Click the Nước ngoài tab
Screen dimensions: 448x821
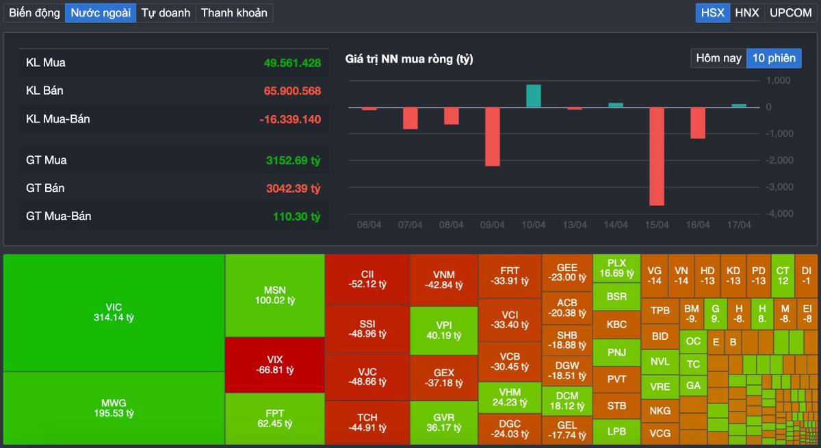[x=101, y=12]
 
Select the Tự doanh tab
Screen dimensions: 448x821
[x=166, y=12]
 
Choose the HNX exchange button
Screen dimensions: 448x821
[x=747, y=12]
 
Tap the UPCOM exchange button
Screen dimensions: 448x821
[x=790, y=12]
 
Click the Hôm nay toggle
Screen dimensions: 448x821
[x=718, y=58]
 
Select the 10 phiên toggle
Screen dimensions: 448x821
[x=774, y=58]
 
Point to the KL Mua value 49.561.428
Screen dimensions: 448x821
[x=292, y=63]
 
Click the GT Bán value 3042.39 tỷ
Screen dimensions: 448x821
[x=293, y=188]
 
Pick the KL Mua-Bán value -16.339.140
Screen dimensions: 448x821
[x=290, y=119]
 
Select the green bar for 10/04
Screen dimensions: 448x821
[x=534, y=96]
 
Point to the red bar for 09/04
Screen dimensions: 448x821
[x=493, y=136]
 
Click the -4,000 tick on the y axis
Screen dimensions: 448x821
[x=778, y=214]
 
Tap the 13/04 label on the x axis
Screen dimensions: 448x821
[x=575, y=225]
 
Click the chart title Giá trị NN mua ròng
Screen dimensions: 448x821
[x=409, y=60]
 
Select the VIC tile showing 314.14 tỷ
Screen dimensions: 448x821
[x=114, y=312]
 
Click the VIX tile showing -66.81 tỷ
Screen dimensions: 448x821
[x=275, y=365]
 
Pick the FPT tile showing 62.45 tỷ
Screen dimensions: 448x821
[x=275, y=419]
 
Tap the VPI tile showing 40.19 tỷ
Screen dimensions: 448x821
[x=443, y=330]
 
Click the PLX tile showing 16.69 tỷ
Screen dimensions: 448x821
[x=616, y=268]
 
